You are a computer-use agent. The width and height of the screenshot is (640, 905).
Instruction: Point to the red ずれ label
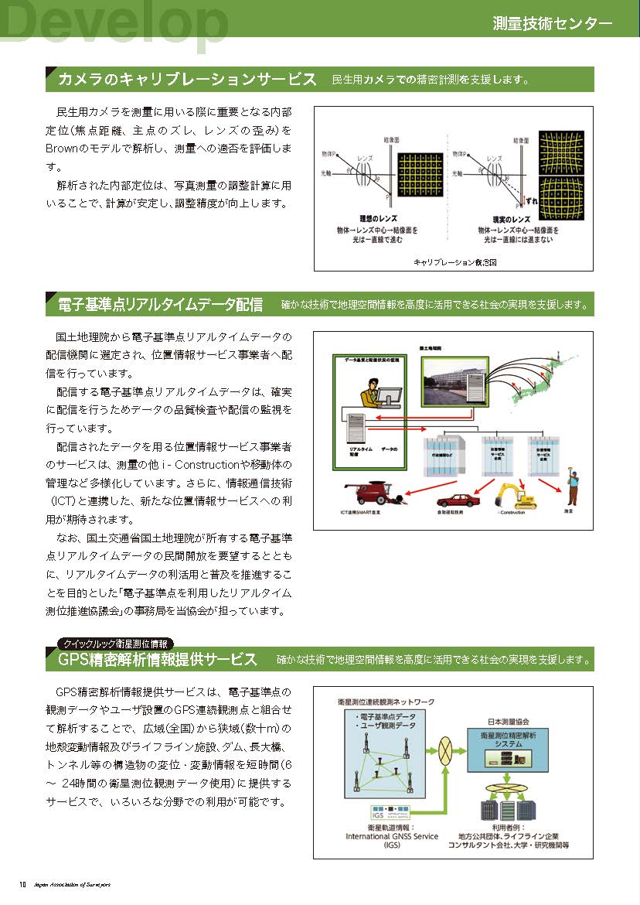531,201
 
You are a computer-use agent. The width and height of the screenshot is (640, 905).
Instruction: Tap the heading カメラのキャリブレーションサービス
187,80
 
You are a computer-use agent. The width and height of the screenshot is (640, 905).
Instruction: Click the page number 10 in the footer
23,884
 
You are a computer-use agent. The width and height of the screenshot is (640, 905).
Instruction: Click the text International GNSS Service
391,836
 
